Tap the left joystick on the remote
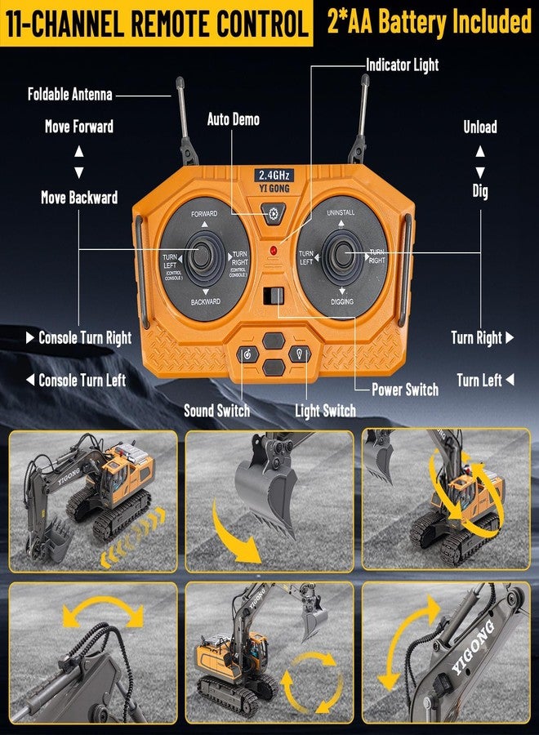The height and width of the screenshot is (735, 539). (201, 255)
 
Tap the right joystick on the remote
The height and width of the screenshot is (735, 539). (344, 255)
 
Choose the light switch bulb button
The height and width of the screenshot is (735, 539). (300, 354)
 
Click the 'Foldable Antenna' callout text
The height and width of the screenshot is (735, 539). (69, 94)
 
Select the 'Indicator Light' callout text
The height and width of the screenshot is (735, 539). (402, 65)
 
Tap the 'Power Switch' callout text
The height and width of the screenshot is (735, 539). (405, 390)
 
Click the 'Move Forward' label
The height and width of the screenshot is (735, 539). (79, 127)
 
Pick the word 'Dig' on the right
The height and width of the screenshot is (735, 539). (480, 191)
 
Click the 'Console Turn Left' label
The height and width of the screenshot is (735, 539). (82, 380)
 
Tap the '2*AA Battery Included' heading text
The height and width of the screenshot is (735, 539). (429, 22)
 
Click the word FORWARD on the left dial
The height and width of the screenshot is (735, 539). (204, 214)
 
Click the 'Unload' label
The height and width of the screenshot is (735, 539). (480, 127)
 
